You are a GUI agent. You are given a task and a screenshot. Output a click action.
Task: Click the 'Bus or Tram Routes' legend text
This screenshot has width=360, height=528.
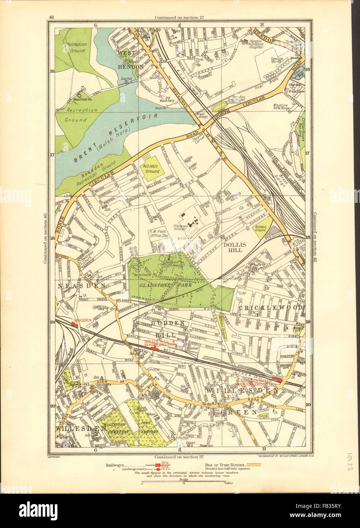223,464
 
